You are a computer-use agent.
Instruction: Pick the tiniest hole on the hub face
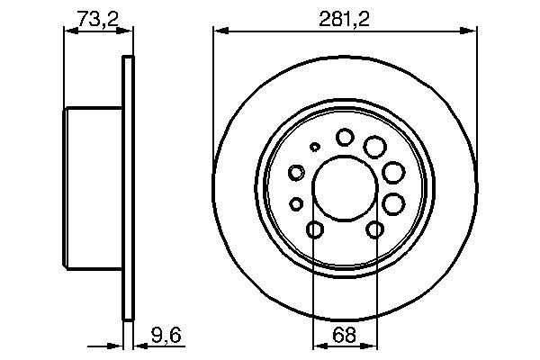[x=314, y=147]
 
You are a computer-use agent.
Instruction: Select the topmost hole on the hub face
[x=345, y=137]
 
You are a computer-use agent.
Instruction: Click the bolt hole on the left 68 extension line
[x=314, y=231]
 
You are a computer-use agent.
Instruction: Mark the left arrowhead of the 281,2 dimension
[x=218, y=31]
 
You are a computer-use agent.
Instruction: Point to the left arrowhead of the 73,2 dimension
[x=67, y=31]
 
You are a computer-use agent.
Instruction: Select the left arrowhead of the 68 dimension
[x=318, y=346]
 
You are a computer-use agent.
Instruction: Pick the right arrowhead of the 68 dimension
[x=372, y=346]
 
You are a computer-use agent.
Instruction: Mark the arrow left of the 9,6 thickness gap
[x=116, y=346]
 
